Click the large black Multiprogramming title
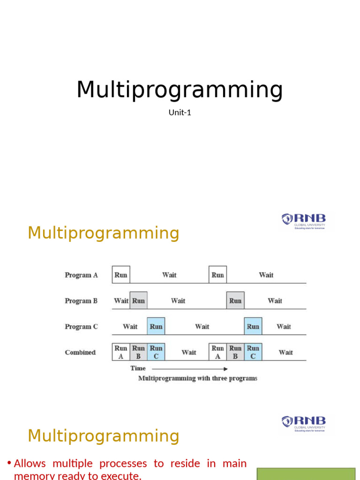(x=180, y=90)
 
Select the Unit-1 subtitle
(x=180, y=112)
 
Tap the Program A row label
(x=81, y=275)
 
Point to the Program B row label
(x=81, y=301)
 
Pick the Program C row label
(x=81, y=327)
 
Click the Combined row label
(x=80, y=352)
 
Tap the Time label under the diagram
(x=138, y=368)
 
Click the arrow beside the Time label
(x=189, y=369)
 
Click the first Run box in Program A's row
(x=121, y=275)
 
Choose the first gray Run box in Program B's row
(x=138, y=300)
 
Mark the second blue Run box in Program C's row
(x=253, y=326)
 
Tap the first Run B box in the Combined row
(x=138, y=352)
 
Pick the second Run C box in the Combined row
(x=253, y=352)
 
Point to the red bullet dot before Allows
(x=9, y=464)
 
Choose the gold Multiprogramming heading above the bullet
(x=103, y=436)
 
